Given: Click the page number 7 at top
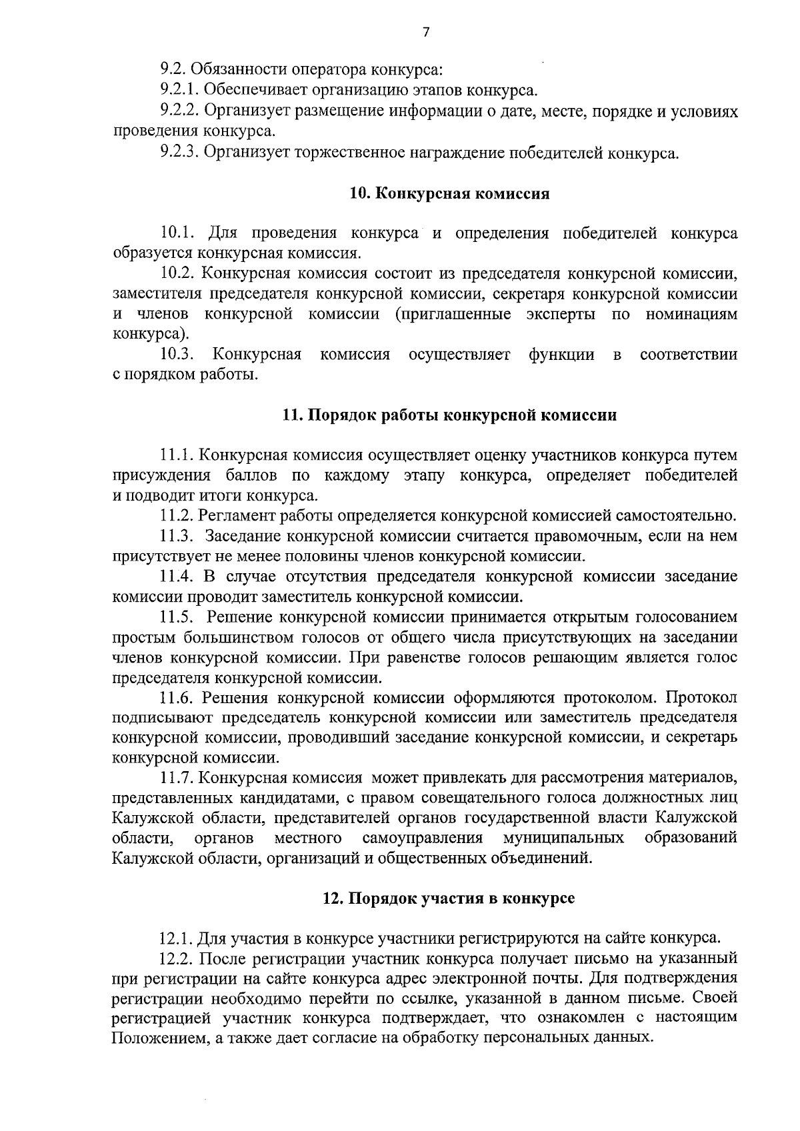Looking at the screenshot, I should (426, 32).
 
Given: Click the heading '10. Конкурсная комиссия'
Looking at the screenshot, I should (449, 194).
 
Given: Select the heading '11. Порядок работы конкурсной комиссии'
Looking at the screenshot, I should (449, 415).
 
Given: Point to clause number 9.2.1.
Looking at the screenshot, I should (180, 89).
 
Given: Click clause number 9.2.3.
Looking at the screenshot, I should (180, 153).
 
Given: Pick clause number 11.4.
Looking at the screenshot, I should (177, 576).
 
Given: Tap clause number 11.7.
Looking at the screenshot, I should (177, 778).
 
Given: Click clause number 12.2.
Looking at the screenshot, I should (177, 958).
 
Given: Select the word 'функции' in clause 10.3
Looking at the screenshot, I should (561, 354).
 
